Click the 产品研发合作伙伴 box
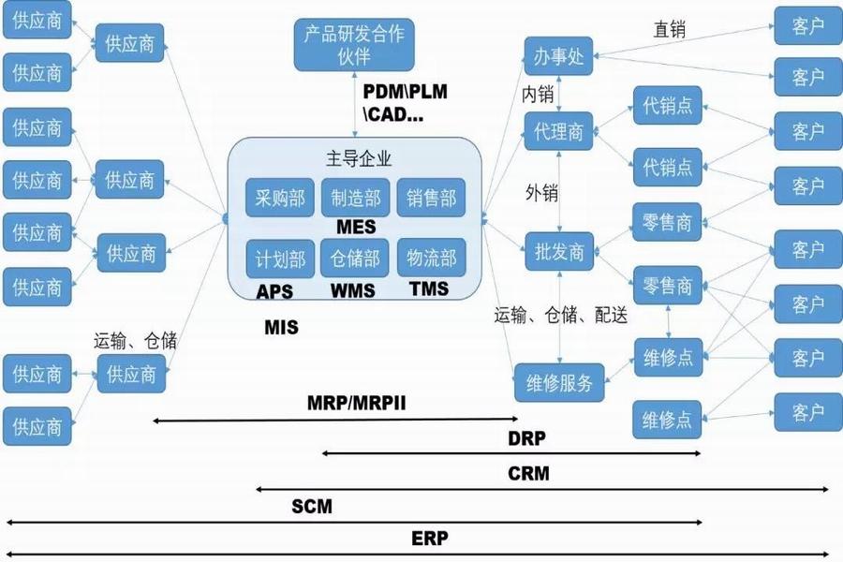tap(353, 45)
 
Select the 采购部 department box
tap(279, 199)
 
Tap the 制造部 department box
tap(355, 199)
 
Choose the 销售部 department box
tap(431, 199)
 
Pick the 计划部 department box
tap(279, 258)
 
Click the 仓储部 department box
tap(355, 258)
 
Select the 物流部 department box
tap(431, 258)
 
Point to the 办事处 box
tap(558, 57)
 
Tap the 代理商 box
tap(558, 131)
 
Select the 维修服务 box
tap(559, 382)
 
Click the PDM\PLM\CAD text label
tap(405, 104)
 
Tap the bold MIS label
tap(281, 328)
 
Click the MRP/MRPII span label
tap(356, 404)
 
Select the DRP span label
tap(526, 438)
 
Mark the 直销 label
tap(669, 30)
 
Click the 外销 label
tap(541, 193)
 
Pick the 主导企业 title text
tap(355, 157)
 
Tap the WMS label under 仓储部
tap(353, 290)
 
